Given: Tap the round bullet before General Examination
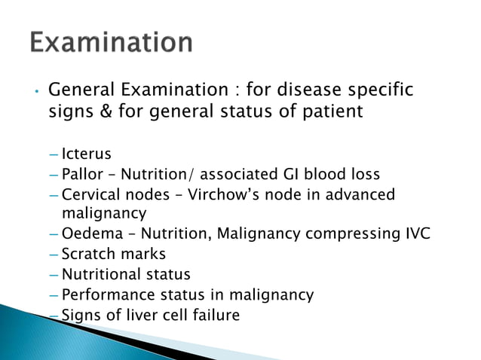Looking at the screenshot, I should click(x=35, y=93).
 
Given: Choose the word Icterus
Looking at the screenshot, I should click(x=87, y=155).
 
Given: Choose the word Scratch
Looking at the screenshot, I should click(x=87, y=254).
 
